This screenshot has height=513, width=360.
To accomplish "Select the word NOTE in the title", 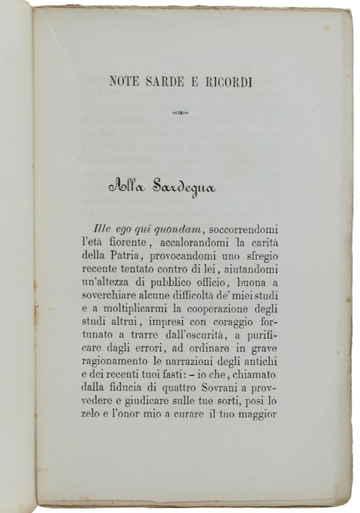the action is (123, 82).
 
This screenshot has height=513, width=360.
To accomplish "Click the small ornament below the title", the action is (180, 113).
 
